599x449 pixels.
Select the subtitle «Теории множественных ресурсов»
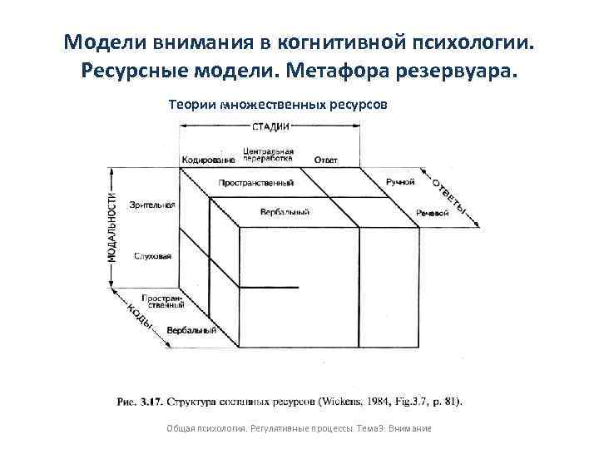coord(278,106)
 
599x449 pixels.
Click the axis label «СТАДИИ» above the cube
coord(270,126)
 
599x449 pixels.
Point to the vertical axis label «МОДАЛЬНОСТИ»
coord(112,225)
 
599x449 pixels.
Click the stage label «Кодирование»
coord(208,160)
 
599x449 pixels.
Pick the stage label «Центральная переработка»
coord(268,155)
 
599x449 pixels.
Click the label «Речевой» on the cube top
coord(432,213)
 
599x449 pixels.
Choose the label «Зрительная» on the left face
coord(152,205)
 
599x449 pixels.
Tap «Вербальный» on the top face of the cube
coord(285,213)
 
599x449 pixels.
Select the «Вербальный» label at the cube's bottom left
coord(191,331)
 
